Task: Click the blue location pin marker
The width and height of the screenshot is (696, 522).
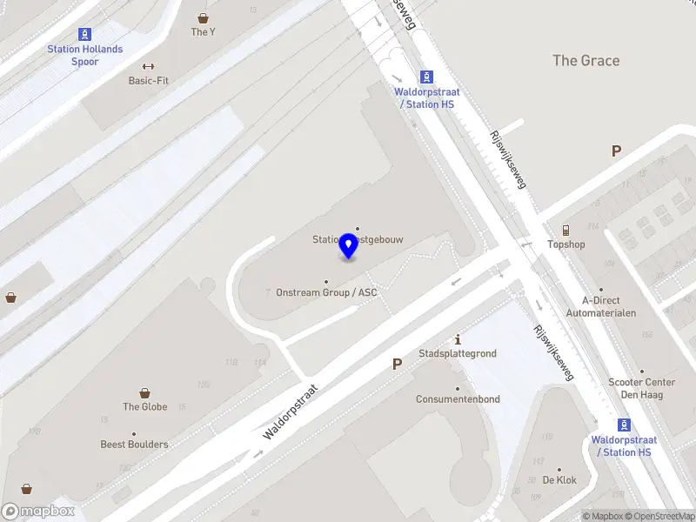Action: coord(349,246)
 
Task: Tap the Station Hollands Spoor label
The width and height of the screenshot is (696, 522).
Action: coord(85,56)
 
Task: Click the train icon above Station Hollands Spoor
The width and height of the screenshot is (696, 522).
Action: coord(85,35)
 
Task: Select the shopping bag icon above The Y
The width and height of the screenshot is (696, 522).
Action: coord(203,17)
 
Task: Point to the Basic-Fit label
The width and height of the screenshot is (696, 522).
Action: coord(148,81)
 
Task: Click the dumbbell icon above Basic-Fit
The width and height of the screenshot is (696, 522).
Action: coord(148,66)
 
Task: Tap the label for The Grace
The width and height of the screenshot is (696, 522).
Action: coord(586,60)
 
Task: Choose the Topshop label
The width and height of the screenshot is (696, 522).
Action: coord(565,244)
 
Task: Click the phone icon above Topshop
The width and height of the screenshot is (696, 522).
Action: coord(565,230)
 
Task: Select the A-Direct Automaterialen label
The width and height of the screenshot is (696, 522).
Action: coord(600,306)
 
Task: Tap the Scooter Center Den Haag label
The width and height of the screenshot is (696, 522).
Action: coord(641,388)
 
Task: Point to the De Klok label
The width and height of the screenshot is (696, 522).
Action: coord(559,480)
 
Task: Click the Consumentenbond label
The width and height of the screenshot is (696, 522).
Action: coord(458,399)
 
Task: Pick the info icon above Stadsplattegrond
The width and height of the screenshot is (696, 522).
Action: coord(458,339)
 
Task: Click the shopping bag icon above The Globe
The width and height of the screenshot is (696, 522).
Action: coord(144,393)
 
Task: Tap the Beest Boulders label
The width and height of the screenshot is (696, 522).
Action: coord(134,445)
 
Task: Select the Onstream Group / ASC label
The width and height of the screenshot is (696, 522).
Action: coord(326,292)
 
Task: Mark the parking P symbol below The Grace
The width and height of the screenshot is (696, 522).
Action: coord(616,151)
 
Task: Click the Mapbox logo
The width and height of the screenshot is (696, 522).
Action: coord(37,512)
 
